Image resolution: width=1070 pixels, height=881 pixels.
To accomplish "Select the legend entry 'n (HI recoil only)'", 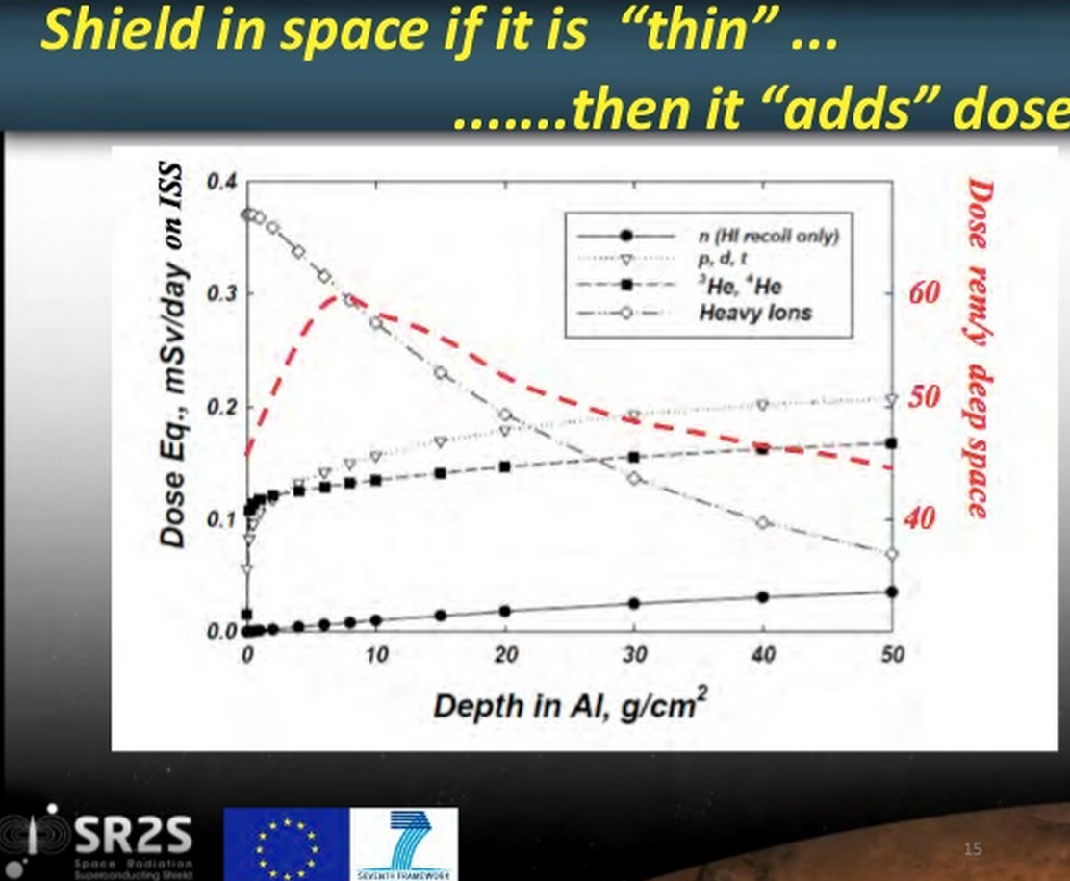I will pyautogui.click(x=767, y=236).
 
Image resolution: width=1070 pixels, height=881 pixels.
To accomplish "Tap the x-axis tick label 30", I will pyautogui.click(x=634, y=655).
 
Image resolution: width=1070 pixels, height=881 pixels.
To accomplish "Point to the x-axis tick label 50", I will pyautogui.click(x=892, y=655).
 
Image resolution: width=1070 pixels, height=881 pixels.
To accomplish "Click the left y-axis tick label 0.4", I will pyautogui.click(x=220, y=183).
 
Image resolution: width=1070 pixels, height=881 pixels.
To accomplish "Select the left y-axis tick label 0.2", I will pyautogui.click(x=220, y=408).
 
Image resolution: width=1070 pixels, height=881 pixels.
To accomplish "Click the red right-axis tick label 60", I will pyautogui.click(x=924, y=291).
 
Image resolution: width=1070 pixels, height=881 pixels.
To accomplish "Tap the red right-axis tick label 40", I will pyautogui.click(x=920, y=519).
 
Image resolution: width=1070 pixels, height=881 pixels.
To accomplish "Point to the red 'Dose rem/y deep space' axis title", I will pyautogui.click(x=980, y=346).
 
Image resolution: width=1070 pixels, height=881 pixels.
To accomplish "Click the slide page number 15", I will pyautogui.click(x=973, y=848).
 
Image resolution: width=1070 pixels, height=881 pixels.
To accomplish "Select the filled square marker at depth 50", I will pyautogui.click(x=891, y=443).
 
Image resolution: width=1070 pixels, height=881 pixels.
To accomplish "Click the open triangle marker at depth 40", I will pyautogui.click(x=763, y=406).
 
